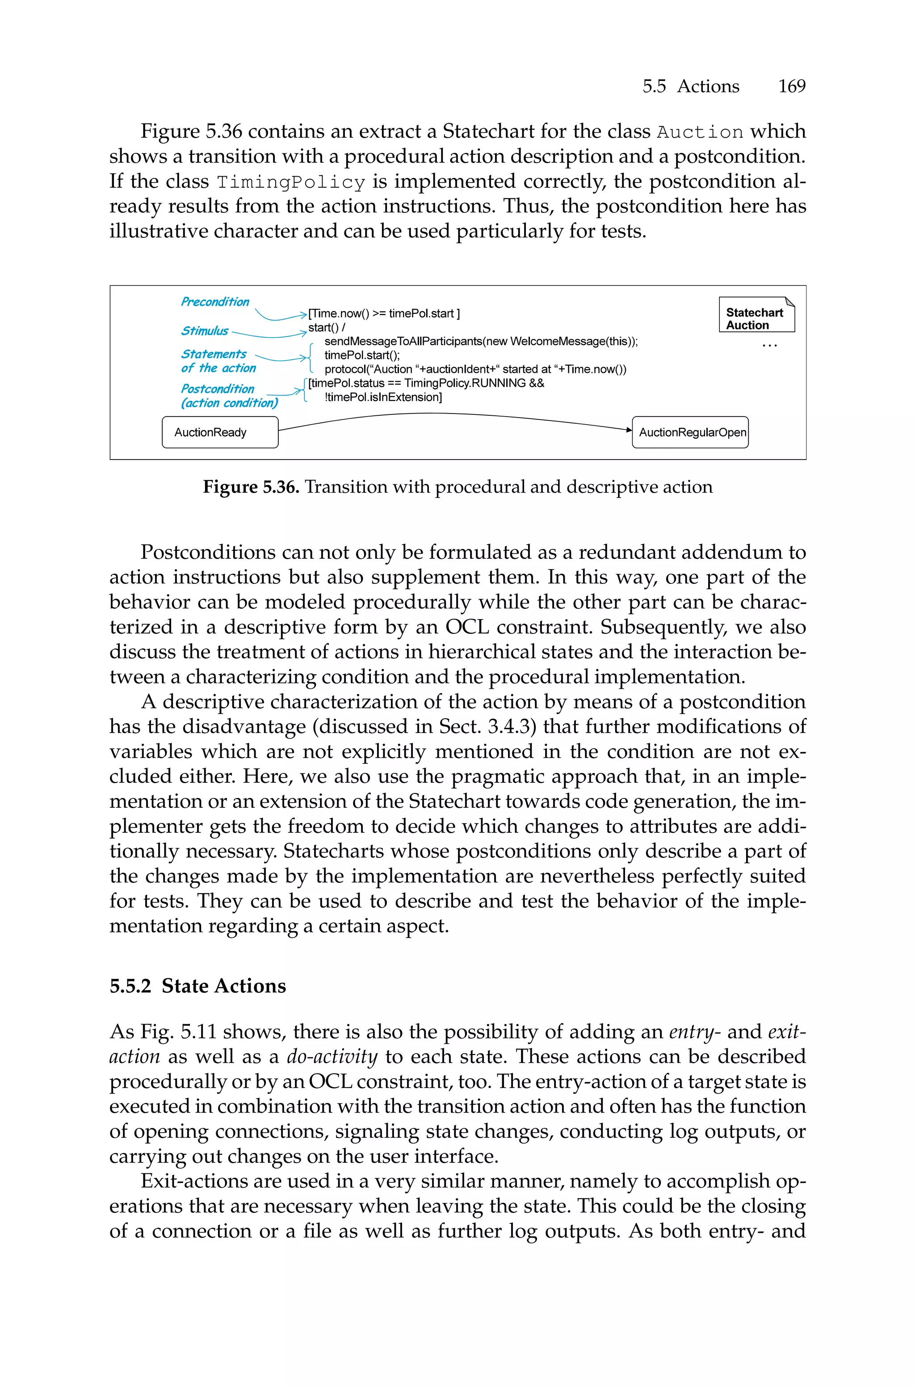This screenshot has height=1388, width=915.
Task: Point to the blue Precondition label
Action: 215,302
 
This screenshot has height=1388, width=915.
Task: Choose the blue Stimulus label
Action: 204,331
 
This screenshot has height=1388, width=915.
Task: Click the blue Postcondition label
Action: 218,389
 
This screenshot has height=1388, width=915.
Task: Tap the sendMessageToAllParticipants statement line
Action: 480,341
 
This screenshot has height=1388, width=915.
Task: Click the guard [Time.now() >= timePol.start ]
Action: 384,313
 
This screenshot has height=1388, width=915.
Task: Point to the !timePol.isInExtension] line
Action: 383,397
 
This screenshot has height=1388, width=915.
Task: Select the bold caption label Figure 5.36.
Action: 251,487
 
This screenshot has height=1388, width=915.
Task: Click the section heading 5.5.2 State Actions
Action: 198,986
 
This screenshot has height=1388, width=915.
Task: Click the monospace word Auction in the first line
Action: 700,132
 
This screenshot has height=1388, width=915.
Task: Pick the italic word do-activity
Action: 332,1056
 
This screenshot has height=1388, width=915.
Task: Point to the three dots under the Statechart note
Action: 770,346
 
